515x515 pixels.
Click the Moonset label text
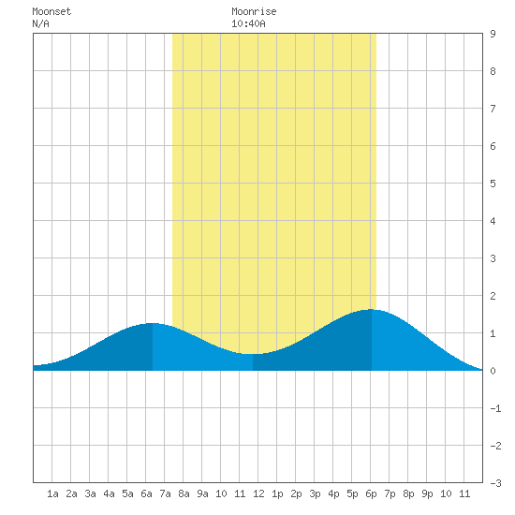(x=51, y=11)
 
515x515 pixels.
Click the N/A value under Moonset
(x=40, y=23)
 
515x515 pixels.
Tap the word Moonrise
(x=254, y=11)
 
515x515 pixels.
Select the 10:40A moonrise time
(x=248, y=23)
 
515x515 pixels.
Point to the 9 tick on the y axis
(x=493, y=34)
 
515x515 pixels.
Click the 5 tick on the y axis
(x=493, y=184)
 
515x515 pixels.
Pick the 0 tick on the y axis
(x=493, y=371)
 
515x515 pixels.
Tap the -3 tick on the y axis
(x=495, y=483)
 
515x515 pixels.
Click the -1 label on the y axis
(x=495, y=408)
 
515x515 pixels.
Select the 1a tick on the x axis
(x=52, y=493)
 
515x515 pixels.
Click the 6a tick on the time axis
(x=146, y=493)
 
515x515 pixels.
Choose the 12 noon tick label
(x=258, y=493)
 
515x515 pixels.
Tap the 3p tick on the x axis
(x=315, y=493)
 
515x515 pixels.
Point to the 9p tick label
(x=427, y=493)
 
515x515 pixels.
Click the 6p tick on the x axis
(x=371, y=493)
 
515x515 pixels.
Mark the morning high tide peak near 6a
(x=152, y=324)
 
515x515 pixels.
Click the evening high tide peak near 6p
(x=371, y=309)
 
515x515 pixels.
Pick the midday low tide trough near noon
(x=253, y=354)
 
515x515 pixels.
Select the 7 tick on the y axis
(x=493, y=109)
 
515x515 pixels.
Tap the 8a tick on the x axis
(x=184, y=493)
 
